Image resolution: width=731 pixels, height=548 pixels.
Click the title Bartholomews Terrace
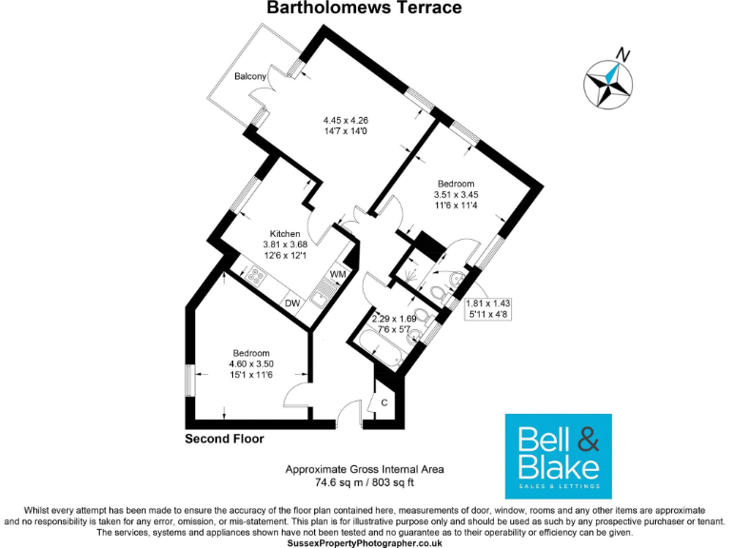pos(365,9)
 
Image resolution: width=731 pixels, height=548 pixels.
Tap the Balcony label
pos(252,76)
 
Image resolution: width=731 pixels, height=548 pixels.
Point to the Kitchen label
pos(285,234)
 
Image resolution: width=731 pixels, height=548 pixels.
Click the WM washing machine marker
pos(338,275)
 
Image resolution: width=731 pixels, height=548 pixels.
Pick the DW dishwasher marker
pos(292,303)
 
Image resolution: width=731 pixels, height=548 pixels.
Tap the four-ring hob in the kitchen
pos(255,278)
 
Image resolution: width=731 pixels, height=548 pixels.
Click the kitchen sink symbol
pos(320,299)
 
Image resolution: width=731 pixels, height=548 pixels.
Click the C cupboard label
pos(384,402)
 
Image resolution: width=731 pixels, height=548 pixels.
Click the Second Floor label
pos(224,440)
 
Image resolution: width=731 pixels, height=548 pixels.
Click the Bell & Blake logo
pos(557,457)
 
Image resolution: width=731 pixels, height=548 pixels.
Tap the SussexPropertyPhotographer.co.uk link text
pos(365,540)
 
